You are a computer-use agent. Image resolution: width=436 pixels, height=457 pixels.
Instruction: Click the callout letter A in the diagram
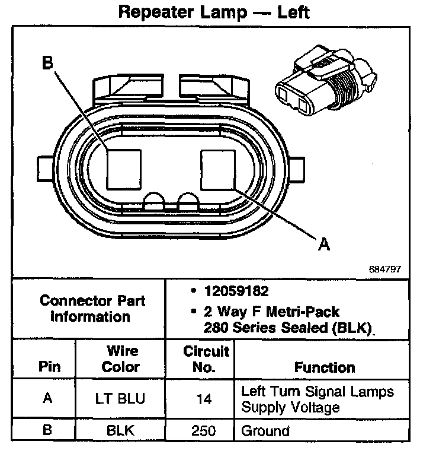(324, 243)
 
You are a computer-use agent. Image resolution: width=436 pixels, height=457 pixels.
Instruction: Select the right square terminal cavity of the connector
(219, 169)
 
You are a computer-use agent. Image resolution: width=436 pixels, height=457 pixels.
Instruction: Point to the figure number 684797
(384, 269)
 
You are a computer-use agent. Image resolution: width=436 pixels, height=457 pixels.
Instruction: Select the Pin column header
(50, 367)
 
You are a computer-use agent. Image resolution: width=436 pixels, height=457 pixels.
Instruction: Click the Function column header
(324, 367)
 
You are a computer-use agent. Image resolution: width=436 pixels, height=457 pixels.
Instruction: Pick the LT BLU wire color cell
(120, 399)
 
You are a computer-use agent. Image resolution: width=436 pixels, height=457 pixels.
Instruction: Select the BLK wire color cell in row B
(120, 431)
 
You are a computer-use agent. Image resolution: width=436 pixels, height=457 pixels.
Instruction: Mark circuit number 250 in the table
(203, 431)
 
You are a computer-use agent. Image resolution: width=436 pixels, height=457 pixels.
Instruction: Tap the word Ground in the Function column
(265, 431)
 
